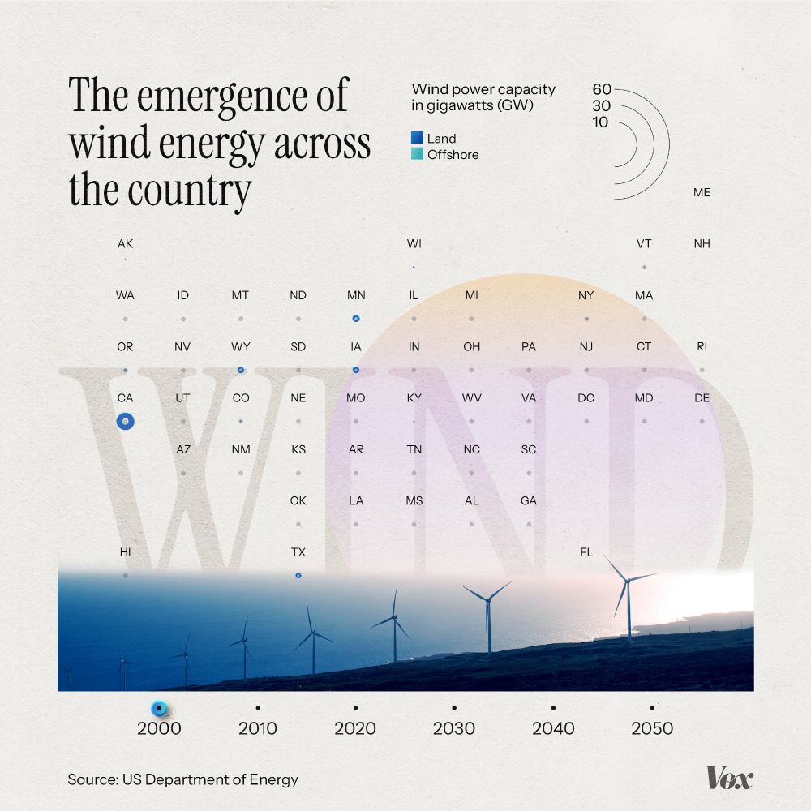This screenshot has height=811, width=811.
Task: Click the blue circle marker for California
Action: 125,421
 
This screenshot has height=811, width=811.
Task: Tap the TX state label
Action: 298,552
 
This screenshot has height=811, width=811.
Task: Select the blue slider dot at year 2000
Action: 160,709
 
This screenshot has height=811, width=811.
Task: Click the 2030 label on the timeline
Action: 453,728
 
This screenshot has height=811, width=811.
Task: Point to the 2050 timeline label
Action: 652,728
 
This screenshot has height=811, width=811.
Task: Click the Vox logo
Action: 729,778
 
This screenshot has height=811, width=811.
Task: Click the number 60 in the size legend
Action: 601,89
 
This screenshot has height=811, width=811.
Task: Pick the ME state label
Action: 702,193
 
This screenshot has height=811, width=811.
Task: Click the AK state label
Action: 125,243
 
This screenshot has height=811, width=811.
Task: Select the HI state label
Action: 125,552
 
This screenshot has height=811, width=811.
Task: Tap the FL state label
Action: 586,552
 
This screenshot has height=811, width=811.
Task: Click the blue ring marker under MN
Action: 356,319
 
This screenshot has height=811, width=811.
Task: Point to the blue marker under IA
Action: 356,370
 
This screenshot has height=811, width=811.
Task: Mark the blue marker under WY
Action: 240,370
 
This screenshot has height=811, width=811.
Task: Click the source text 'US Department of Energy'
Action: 210,780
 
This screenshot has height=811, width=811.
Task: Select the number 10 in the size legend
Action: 601,122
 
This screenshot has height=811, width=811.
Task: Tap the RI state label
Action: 702,346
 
